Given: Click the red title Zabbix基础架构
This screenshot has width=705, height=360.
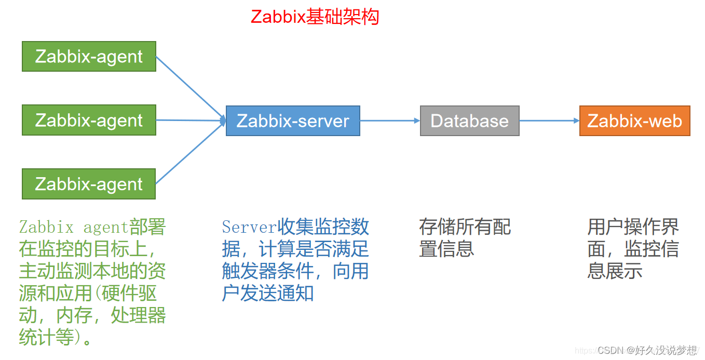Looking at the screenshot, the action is click(315, 17).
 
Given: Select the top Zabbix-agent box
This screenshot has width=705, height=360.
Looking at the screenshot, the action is click(89, 57).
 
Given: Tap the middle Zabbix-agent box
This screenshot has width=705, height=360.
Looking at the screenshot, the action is click(89, 120).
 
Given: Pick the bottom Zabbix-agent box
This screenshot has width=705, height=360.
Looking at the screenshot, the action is click(89, 184).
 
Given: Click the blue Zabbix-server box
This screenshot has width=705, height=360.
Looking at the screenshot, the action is click(293, 121).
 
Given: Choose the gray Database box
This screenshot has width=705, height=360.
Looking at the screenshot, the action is click(470, 121).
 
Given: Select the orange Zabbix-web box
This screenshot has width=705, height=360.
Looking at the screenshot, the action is click(635, 121).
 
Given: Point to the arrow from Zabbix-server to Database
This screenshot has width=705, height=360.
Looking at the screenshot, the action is click(390, 121).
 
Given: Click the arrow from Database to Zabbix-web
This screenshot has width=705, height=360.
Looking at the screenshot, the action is click(549, 121).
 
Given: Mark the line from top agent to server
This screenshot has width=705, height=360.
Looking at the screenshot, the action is click(191, 88).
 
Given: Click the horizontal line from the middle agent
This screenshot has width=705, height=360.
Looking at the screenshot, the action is click(191, 121).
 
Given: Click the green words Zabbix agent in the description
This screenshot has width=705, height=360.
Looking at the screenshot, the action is click(73, 227).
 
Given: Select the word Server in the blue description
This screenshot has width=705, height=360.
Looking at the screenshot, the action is click(249, 227).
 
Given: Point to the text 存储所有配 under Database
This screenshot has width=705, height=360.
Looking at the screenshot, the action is click(465, 227).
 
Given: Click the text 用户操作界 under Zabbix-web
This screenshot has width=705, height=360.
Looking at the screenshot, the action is click(633, 227).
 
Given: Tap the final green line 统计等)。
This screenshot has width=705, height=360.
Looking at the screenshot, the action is click(56, 337).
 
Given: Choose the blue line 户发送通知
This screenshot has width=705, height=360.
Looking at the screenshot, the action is click(268, 293).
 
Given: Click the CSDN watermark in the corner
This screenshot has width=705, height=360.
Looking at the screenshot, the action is click(647, 350).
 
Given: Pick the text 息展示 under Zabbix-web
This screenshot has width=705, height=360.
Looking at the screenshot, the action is click(615, 271).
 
